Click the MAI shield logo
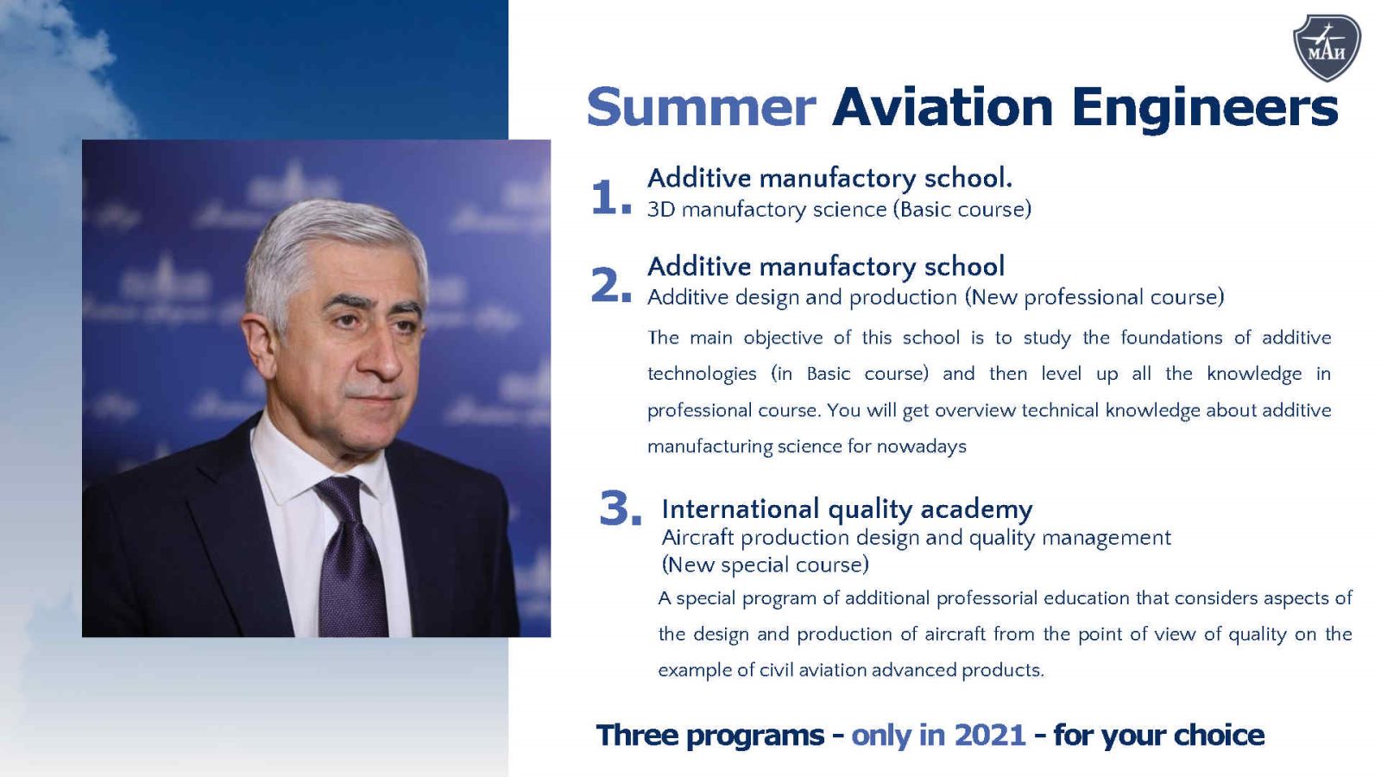pyautogui.click(x=1327, y=47)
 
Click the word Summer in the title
pyautogui.click(x=702, y=107)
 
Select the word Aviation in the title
pyautogui.click(x=942, y=107)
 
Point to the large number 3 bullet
pyautogui.click(x=621, y=509)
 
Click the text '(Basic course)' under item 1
pyautogui.click(x=962, y=210)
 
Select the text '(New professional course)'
pyautogui.click(x=1094, y=298)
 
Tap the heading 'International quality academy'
pyautogui.click(x=847, y=510)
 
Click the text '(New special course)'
pyautogui.click(x=765, y=565)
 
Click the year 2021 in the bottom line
pyautogui.click(x=989, y=735)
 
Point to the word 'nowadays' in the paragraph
pyautogui.click(x=922, y=446)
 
